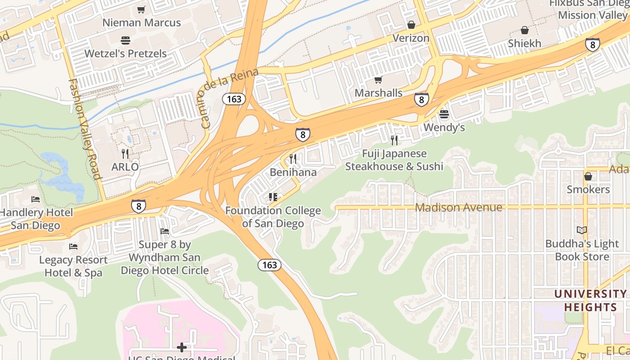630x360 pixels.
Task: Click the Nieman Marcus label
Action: tap(141, 22)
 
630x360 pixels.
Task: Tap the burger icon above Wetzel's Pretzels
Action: tap(126, 40)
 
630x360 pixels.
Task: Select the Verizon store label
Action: tap(411, 38)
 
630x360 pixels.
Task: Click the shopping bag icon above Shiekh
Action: tap(525, 30)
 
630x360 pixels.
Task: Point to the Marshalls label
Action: tap(378, 93)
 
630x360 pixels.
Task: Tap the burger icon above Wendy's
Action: tap(444, 114)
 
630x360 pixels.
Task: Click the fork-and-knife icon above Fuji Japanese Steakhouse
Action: tap(394, 140)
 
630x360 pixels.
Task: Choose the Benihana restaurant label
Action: tap(293, 172)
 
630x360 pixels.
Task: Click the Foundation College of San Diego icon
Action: tap(273, 197)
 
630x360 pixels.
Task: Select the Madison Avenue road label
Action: tap(458, 207)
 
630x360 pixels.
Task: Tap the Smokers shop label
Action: tap(588, 189)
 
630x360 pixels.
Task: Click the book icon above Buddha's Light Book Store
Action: tap(582, 230)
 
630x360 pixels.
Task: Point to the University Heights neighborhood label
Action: tap(589, 301)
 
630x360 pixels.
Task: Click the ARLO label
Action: tap(125, 167)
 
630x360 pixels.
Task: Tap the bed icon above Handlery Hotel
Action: tap(36, 199)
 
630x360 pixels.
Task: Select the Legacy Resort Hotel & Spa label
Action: tap(73, 266)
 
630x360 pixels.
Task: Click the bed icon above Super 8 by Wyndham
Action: tap(165, 231)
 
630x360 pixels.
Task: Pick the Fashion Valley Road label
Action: tap(85, 129)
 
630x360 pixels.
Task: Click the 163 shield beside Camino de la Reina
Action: tap(234, 99)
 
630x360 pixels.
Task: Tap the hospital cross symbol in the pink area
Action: tap(182, 347)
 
